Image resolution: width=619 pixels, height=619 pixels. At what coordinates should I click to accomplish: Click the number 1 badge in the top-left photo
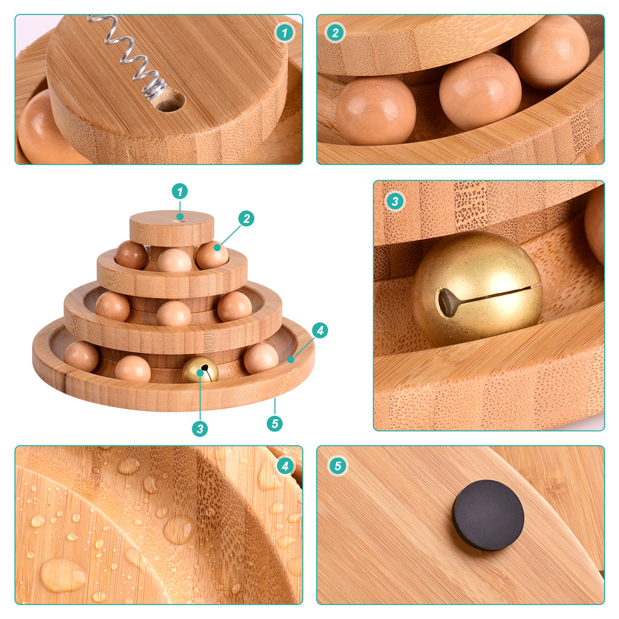(x=284, y=32)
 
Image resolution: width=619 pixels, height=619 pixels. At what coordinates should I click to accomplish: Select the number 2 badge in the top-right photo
(x=335, y=32)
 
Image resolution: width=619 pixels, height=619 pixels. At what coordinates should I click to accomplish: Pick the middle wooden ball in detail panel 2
(x=480, y=91)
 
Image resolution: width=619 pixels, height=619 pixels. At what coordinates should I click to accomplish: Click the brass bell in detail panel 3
(x=477, y=289)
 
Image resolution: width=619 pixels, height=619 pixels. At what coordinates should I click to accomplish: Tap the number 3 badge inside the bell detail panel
(x=395, y=201)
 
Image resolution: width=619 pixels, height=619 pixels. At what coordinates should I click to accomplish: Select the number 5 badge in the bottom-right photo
(x=337, y=466)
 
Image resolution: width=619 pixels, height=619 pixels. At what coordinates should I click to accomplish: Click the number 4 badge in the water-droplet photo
(x=285, y=466)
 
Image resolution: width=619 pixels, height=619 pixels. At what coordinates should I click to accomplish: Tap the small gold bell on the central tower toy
(x=200, y=369)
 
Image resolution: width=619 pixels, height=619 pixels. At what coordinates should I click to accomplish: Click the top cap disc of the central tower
(x=172, y=228)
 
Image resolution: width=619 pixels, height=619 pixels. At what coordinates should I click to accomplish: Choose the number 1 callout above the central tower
(x=180, y=191)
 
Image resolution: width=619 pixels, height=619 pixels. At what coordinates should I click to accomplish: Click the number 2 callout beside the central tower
(x=247, y=218)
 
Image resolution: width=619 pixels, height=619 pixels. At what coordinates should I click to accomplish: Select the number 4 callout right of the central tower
(x=320, y=330)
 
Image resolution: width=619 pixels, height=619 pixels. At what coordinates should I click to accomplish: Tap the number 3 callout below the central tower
(x=200, y=429)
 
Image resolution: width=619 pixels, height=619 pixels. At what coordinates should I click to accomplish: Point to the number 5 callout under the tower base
(x=274, y=423)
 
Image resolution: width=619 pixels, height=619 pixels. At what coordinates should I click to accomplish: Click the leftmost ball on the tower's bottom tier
(x=82, y=357)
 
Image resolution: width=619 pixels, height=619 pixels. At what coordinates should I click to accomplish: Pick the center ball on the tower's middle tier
(x=174, y=313)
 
